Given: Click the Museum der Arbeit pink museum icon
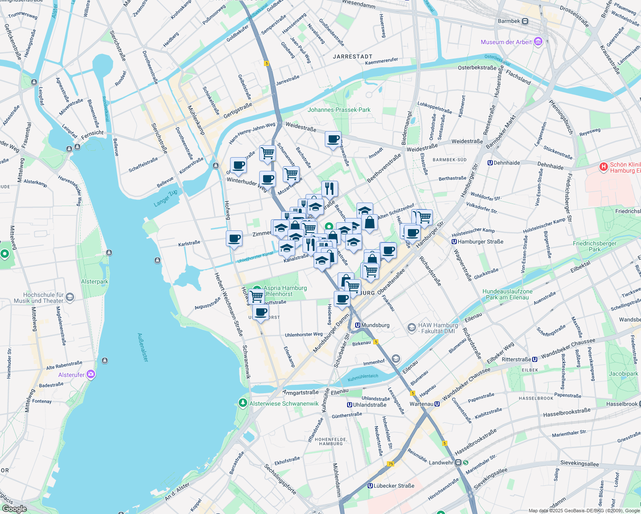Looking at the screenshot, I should tap(538, 42).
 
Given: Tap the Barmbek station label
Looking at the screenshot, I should tap(509, 21).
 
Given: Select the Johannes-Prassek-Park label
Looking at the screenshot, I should tap(339, 110).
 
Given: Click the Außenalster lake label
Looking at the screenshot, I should tap(143, 347).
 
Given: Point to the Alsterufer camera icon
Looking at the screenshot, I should tap(90, 375).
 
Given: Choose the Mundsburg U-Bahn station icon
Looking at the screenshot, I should tap(357, 326).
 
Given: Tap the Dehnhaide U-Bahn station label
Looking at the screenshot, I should tap(506, 163).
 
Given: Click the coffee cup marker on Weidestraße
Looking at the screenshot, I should tap(333, 140).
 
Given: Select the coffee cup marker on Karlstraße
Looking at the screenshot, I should tap(234, 239).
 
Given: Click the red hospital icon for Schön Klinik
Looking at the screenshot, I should tap(603, 167).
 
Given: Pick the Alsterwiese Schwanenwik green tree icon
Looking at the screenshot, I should tap(243, 403).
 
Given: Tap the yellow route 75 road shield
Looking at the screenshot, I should tap(390, 464).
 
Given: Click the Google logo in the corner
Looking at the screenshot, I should tap(14, 509).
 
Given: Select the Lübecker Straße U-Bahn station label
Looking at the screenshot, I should tap(394, 486).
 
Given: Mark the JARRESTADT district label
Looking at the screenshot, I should tap(353, 57).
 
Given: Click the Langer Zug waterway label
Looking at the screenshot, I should tap(165, 198).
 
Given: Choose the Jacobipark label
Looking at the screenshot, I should tap(623, 374).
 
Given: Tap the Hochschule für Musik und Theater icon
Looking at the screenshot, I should tap(70, 297).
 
